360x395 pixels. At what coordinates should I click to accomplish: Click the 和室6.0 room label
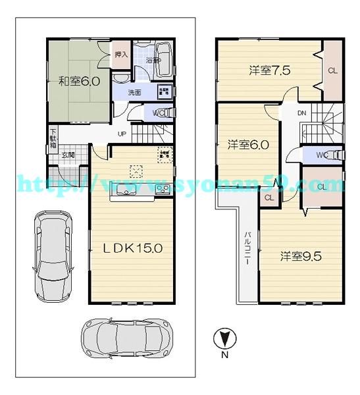[78, 82]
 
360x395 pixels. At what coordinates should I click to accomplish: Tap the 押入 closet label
[120, 55]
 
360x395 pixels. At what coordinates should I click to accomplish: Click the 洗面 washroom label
[134, 93]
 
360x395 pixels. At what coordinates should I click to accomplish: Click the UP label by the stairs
[122, 134]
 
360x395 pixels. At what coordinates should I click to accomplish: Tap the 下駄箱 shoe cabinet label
[54, 140]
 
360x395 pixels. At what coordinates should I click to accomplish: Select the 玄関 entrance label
[68, 155]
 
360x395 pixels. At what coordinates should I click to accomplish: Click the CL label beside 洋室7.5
[332, 70]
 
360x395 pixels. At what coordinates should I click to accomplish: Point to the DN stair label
[301, 113]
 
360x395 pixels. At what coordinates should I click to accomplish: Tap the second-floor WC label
[322, 155]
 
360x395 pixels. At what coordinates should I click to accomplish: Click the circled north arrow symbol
[224, 339]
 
